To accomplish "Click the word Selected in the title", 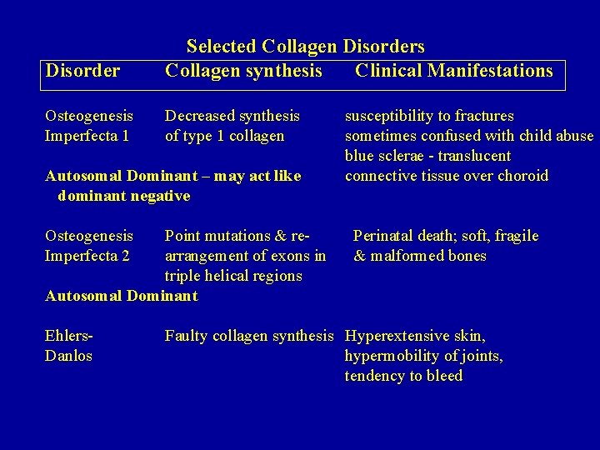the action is (221, 46).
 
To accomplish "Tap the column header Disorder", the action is (82, 71).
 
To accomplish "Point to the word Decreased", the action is (199, 116).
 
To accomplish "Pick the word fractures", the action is (483, 116).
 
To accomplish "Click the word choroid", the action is (523, 176).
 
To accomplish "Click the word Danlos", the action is (68, 356).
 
